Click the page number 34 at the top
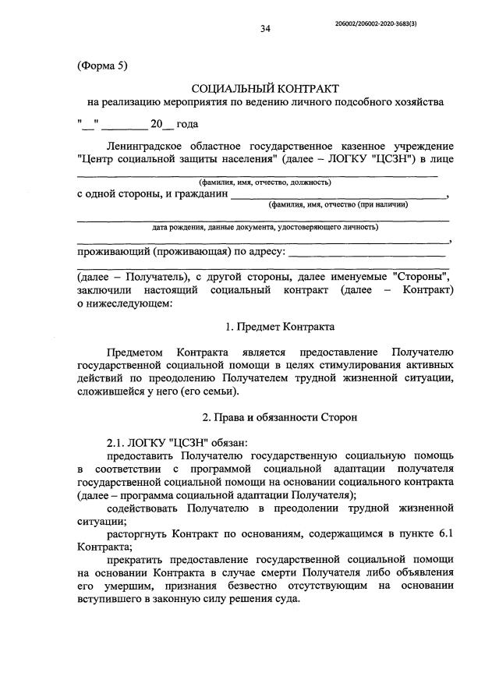[x=265, y=30]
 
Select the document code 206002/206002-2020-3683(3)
[x=384, y=25]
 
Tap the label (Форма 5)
[x=102, y=66]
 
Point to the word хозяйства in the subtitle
[x=416, y=102]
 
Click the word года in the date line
[x=188, y=123]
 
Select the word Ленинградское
[x=150, y=146]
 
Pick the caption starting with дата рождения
[x=265, y=228]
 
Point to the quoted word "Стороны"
[x=422, y=276]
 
